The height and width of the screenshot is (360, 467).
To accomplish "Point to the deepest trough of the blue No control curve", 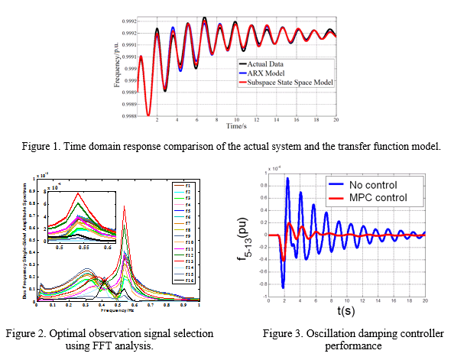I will point(283,287).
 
